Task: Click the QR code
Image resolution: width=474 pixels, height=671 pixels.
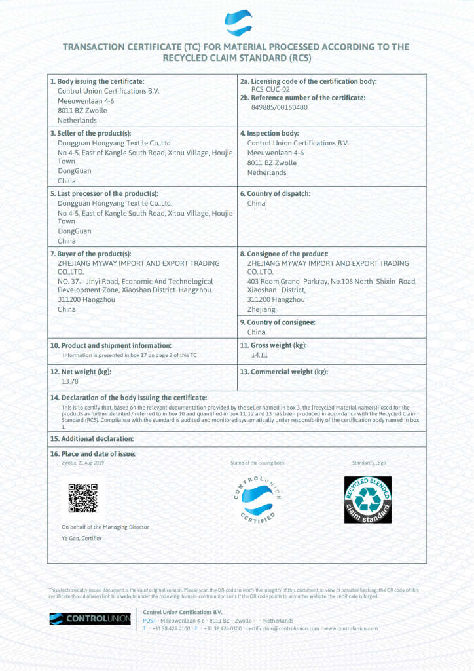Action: pos(83,498)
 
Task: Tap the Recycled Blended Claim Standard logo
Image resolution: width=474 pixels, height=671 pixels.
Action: pos(368,499)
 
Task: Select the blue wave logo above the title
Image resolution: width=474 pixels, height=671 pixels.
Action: pos(238,23)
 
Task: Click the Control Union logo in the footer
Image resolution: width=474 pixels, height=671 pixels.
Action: pos(90,619)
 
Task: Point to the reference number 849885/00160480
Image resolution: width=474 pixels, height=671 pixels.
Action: pos(280,107)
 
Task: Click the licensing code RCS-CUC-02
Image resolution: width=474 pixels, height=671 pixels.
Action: pos(271,89)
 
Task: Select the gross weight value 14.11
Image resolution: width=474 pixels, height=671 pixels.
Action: pos(260,355)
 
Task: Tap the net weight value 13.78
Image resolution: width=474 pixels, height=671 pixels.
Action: pos(69,381)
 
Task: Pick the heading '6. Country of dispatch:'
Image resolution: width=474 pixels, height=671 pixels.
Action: pos(275,193)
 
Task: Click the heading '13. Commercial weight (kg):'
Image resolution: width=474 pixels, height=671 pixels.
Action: pos(283,372)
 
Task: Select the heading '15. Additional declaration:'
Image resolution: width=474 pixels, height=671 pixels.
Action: pos(92,438)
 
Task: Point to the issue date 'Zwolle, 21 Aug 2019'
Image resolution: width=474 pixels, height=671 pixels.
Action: pos(82,463)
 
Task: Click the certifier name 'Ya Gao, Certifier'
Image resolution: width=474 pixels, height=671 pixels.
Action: pos(81,538)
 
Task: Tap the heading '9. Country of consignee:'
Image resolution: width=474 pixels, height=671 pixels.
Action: pos(278,322)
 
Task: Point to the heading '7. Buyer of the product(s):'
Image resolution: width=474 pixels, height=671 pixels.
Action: pos(90,254)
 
